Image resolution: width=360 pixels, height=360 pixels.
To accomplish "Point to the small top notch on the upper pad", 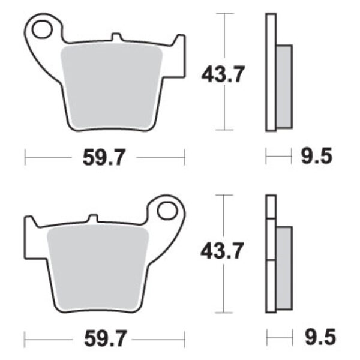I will click(x=118, y=38).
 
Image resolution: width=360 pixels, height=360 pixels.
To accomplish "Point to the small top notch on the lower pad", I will click(x=92, y=218).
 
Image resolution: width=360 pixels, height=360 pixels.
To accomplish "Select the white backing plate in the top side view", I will click(x=270, y=72).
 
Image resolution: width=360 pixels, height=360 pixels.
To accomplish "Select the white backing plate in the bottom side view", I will click(x=270, y=252).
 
